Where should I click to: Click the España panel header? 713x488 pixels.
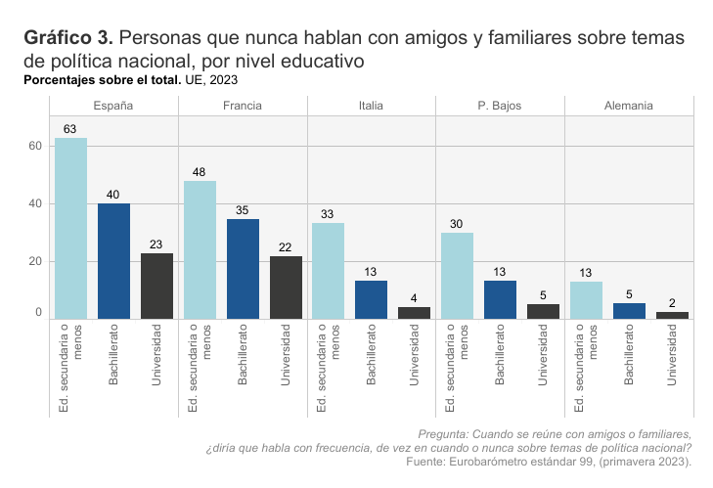pyautogui.click(x=113, y=106)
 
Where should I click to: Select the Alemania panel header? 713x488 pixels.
pyautogui.click(x=629, y=106)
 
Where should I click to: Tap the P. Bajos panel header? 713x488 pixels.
pyautogui.click(x=501, y=106)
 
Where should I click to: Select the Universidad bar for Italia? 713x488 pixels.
pyautogui.click(x=415, y=313)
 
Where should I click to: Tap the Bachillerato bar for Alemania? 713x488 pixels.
pyautogui.click(x=629, y=311)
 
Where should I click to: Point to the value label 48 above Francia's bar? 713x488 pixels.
pyautogui.click(x=199, y=172)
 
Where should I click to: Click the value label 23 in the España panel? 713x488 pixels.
pyautogui.click(x=156, y=244)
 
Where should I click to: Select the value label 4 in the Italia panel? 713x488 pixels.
pyautogui.click(x=415, y=298)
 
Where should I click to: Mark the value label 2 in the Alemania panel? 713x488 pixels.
pyautogui.click(x=672, y=303)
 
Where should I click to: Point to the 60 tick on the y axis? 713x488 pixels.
pyautogui.click(x=34, y=147)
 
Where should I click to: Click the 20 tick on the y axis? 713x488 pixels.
pyautogui.click(x=34, y=261)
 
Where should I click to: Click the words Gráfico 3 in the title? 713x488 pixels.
pyautogui.click(x=67, y=38)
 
